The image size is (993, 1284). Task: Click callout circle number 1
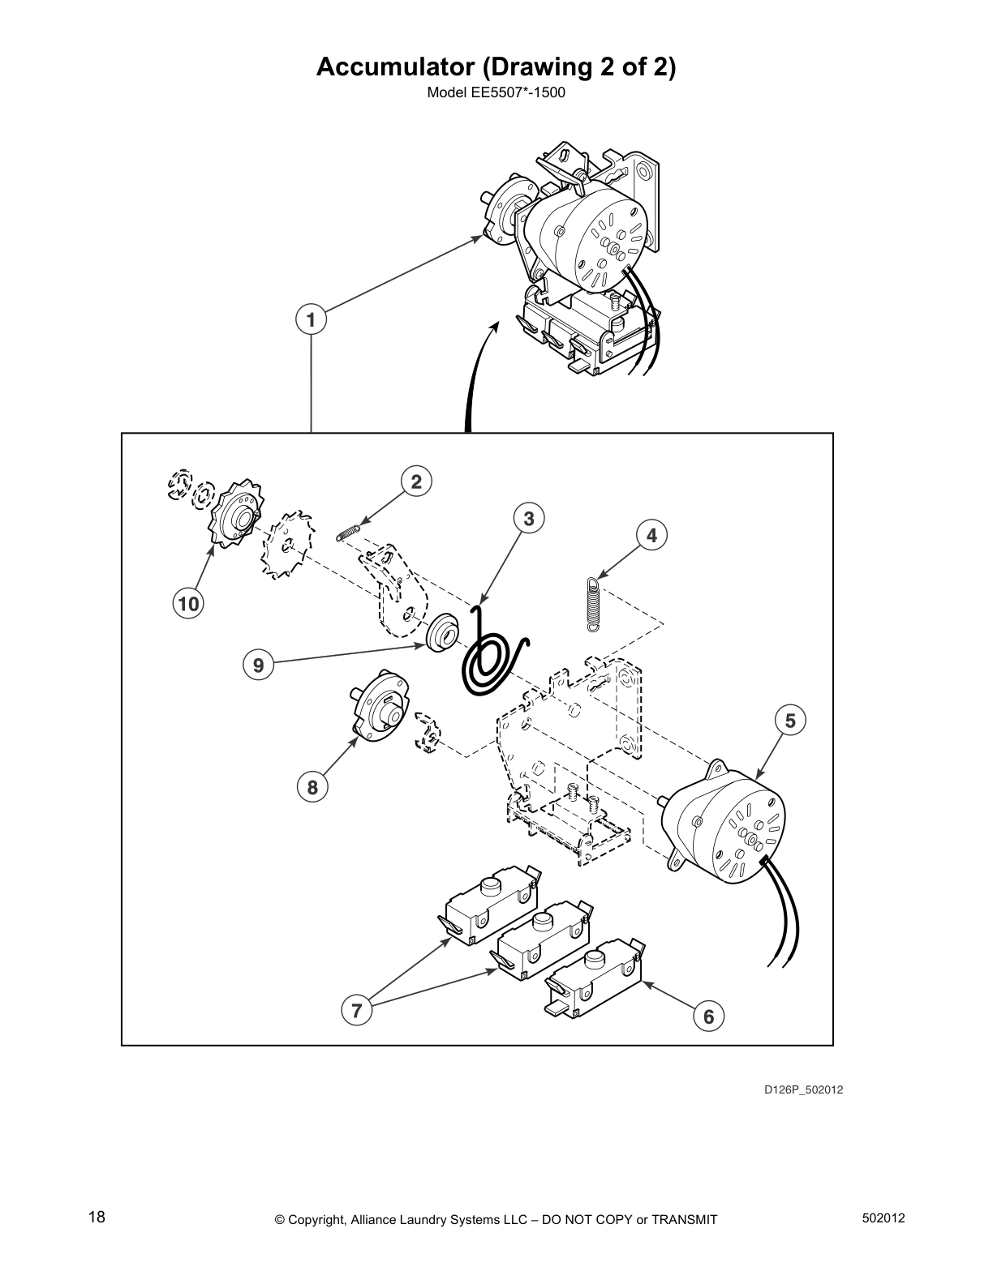pyautogui.click(x=312, y=319)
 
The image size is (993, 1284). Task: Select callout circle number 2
pyautogui.click(x=416, y=482)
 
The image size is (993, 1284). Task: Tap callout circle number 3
pyautogui.click(x=529, y=518)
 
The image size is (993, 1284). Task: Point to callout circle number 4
pyautogui.click(x=651, y=535)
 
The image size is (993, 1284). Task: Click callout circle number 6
pyautogui.click(x=708, y=1016)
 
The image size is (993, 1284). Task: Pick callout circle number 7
pyautogui.click(x=356, y=1010)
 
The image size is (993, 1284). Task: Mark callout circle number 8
pyautogui.click(x=312, y=786)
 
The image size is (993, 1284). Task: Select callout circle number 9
pyautogui.click(x=258, y=666)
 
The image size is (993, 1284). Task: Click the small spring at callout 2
pyautogui.click(x=347, y=531)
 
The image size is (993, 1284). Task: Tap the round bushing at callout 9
pyautogui.click(x=442, y=631)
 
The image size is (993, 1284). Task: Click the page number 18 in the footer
pyautogui.click(x=97, y=1217)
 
